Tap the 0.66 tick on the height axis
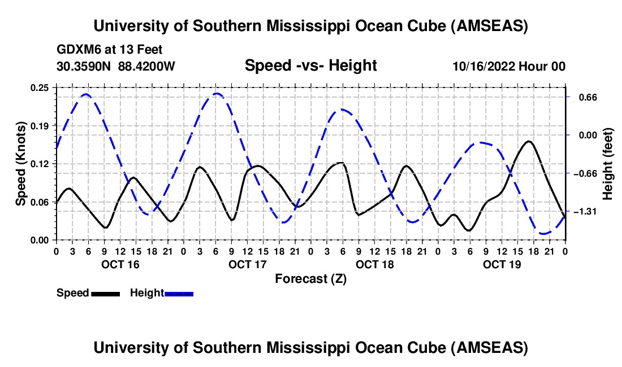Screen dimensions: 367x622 (583, 97)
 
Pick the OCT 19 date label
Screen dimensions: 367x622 (501, 264)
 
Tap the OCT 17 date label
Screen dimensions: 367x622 (247, 264)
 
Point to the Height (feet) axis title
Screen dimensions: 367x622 (608, 164)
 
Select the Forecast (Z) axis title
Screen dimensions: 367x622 (310, 278)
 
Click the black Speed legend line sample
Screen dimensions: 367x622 (105, 293)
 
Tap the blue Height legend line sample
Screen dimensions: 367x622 (179, 293)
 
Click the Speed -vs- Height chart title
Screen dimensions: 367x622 (310, 65)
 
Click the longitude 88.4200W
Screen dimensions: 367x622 (146, 66)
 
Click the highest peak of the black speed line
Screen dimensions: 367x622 (529, 141)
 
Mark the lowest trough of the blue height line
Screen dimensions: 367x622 (544, 233)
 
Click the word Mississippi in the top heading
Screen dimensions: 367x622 (306, 26)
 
